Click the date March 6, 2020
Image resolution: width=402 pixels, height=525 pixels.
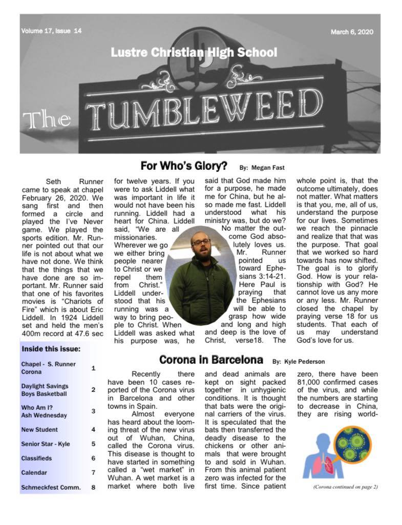pos(352,32)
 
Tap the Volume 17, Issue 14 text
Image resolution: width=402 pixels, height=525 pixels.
pos(51,31)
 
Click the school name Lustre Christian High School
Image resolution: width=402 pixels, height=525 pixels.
pos(194,53)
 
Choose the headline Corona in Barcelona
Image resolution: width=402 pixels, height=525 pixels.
pos(211,359)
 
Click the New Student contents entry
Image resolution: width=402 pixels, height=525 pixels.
pos(39,430)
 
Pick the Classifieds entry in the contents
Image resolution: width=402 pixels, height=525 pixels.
pos(36,458)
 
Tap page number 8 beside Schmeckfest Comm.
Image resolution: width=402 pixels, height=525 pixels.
pos(93,487)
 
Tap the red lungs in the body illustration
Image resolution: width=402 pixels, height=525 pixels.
pos(329,462)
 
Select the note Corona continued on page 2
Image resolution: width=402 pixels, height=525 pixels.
pos(345,487)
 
